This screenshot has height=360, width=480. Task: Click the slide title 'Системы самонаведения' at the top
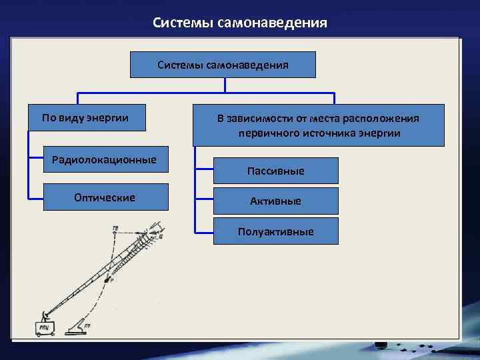[x=239, y=23]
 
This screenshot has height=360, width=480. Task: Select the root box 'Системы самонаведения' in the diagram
[x=223, y=65]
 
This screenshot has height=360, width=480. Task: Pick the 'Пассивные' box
[x=275, y=171]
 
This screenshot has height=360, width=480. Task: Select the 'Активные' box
[x=275, y=201]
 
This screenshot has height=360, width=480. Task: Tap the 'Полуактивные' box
[x=275, y=231]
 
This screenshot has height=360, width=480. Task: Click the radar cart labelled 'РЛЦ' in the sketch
[x=46, y=328]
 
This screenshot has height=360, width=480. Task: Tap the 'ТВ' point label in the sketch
[x=115, y=229]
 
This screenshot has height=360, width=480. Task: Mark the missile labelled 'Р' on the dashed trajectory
[x=109, y=278]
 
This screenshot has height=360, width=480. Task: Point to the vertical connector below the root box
[x=225, y=85]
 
